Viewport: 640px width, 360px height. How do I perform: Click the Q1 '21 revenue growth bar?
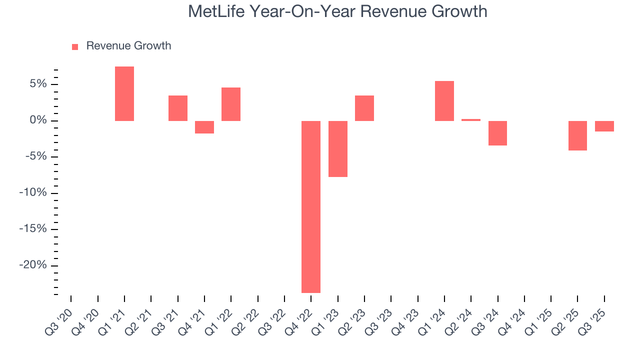click(x=124, y=93)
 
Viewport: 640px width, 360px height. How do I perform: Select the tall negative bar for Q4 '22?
click(x=311, y=206)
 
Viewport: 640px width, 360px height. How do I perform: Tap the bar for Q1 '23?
click(x=338, y=148)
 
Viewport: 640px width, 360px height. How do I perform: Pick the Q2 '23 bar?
click(x=364, y=108)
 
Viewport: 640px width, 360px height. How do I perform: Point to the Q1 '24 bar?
click(x=444, y=101)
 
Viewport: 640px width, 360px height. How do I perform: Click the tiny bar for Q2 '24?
click(x=471, y=120)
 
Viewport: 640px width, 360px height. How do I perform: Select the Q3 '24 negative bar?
click(x=498, y=133)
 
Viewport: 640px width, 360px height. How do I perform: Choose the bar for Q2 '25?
click(x=577, y=135)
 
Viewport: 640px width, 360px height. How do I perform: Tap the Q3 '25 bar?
click(x=604, y=126)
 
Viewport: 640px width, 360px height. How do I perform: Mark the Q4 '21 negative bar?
click(x=204, y=127)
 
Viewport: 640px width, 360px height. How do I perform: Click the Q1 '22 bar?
click(x=231, y=104)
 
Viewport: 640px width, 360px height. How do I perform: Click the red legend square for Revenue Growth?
click(x=75, y=46)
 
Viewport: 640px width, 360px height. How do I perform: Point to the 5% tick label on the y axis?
click(x=37, y=84)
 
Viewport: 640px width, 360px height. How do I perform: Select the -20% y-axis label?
click(x=33, y=265)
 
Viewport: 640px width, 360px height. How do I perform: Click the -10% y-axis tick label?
click(x=33, y=193)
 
